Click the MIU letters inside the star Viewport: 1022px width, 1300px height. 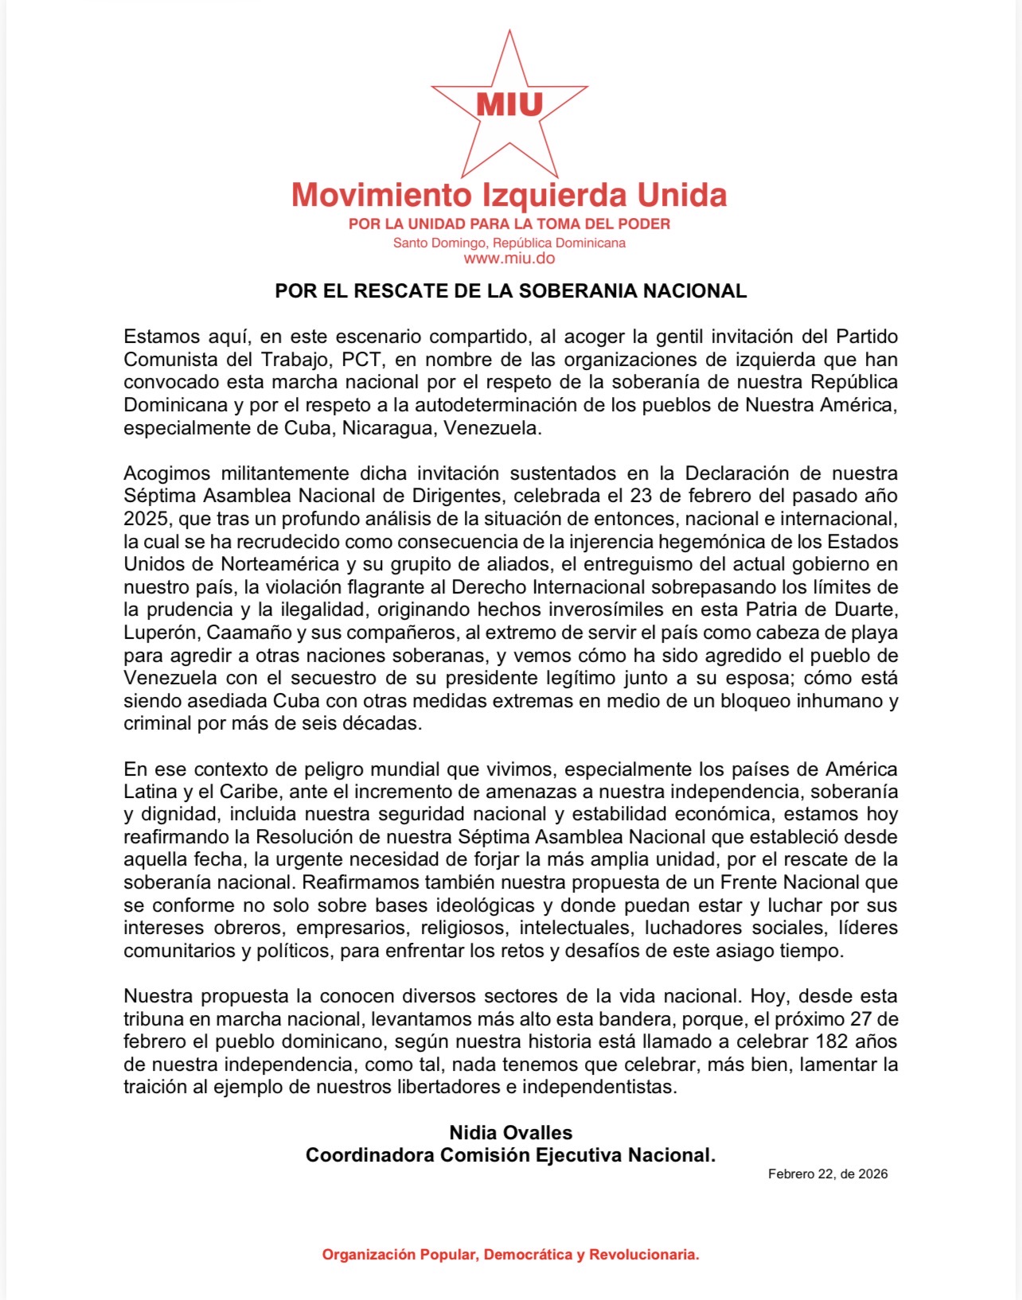pyautogui.click(x=509, y=104)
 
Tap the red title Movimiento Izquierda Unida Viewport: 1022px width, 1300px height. pyautogui.click(x=509, y=195)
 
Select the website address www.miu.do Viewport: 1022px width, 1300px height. pyautogui.click(x=509, y=259)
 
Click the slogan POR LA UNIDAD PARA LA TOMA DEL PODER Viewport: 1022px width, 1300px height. pyautogui.click(x=509, y=224)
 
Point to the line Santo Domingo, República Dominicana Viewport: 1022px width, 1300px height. pyautogui.click(x=509, y=243)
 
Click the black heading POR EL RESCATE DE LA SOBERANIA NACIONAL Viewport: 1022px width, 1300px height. pyautogui.click(x=511, y=291)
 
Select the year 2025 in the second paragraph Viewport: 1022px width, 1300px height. pyautogui.click(x=146, y=519)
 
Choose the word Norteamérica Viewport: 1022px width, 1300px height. pyautogui.click(x=280, y=564)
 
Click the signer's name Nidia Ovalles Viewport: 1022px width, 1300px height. pyautogui.click(x=511, y=1133)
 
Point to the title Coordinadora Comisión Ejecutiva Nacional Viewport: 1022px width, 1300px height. pyautogui.click(x=511, y=1155)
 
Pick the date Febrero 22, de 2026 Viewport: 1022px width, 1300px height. pyautogui.click(x=828, y=1174)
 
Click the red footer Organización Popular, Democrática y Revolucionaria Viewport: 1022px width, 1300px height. pyautogui.click(x=511, y=1255)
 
